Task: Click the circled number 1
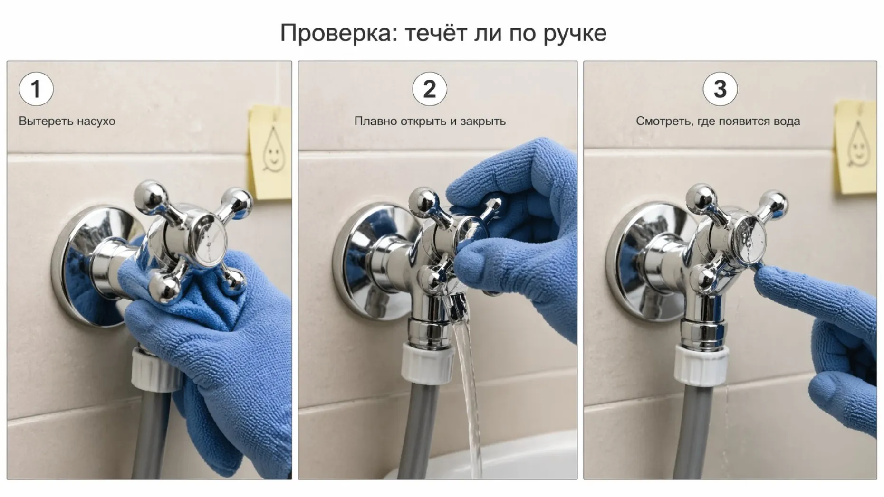(36, 89)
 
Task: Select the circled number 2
(429, 89)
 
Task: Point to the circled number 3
(720, 89)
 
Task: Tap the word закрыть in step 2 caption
(483, 122)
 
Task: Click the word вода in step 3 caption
(787, 122)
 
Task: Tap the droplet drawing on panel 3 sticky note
(857, 145)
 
